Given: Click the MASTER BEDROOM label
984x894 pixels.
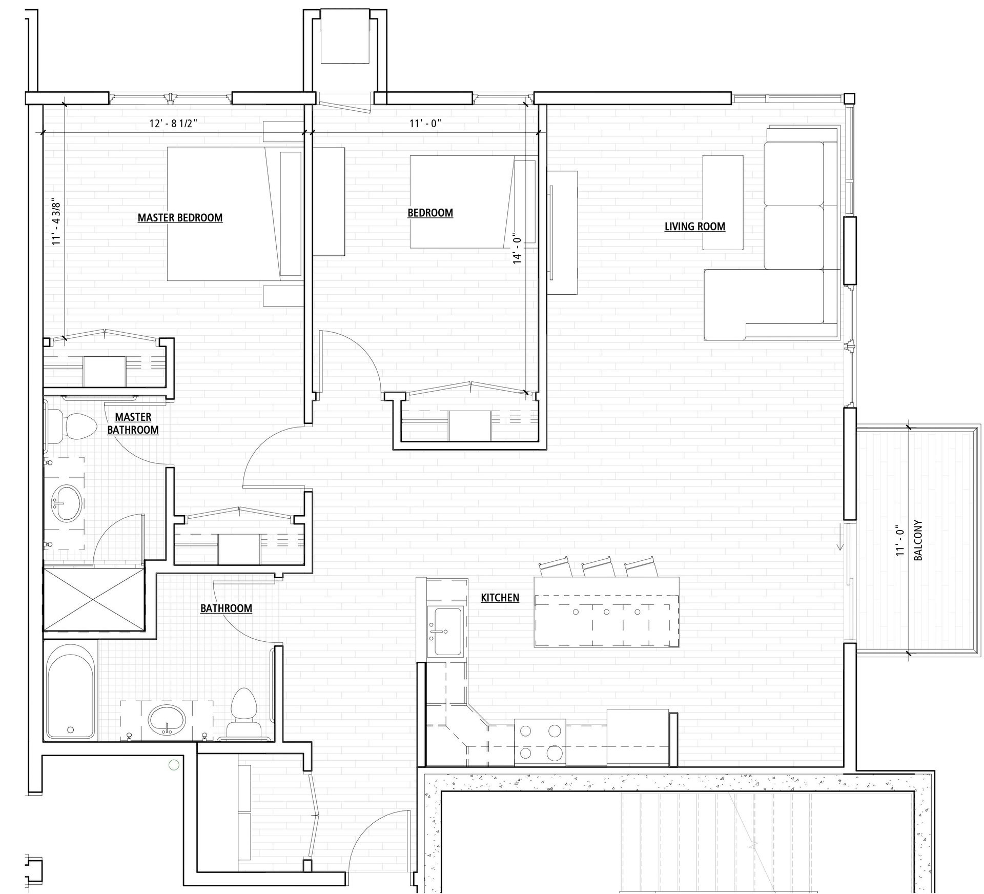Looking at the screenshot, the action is pos(180,218).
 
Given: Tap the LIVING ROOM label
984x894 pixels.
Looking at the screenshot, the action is pos(694,227).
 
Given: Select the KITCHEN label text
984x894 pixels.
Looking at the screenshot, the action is pos(500,598).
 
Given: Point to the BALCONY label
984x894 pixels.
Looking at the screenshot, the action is pos(918,540).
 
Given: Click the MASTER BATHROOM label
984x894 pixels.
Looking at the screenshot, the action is pos(133,423).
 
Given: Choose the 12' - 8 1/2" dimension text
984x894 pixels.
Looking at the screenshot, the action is pos(173,124).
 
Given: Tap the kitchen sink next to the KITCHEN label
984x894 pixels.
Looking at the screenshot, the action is pos(448,631).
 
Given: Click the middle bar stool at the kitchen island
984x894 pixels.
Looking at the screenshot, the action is pos(598,568).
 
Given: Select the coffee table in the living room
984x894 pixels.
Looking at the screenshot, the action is pos(723,203).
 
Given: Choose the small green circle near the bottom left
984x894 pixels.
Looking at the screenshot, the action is pos(174,766).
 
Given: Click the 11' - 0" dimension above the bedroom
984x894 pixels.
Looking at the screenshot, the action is pos(425,124).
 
